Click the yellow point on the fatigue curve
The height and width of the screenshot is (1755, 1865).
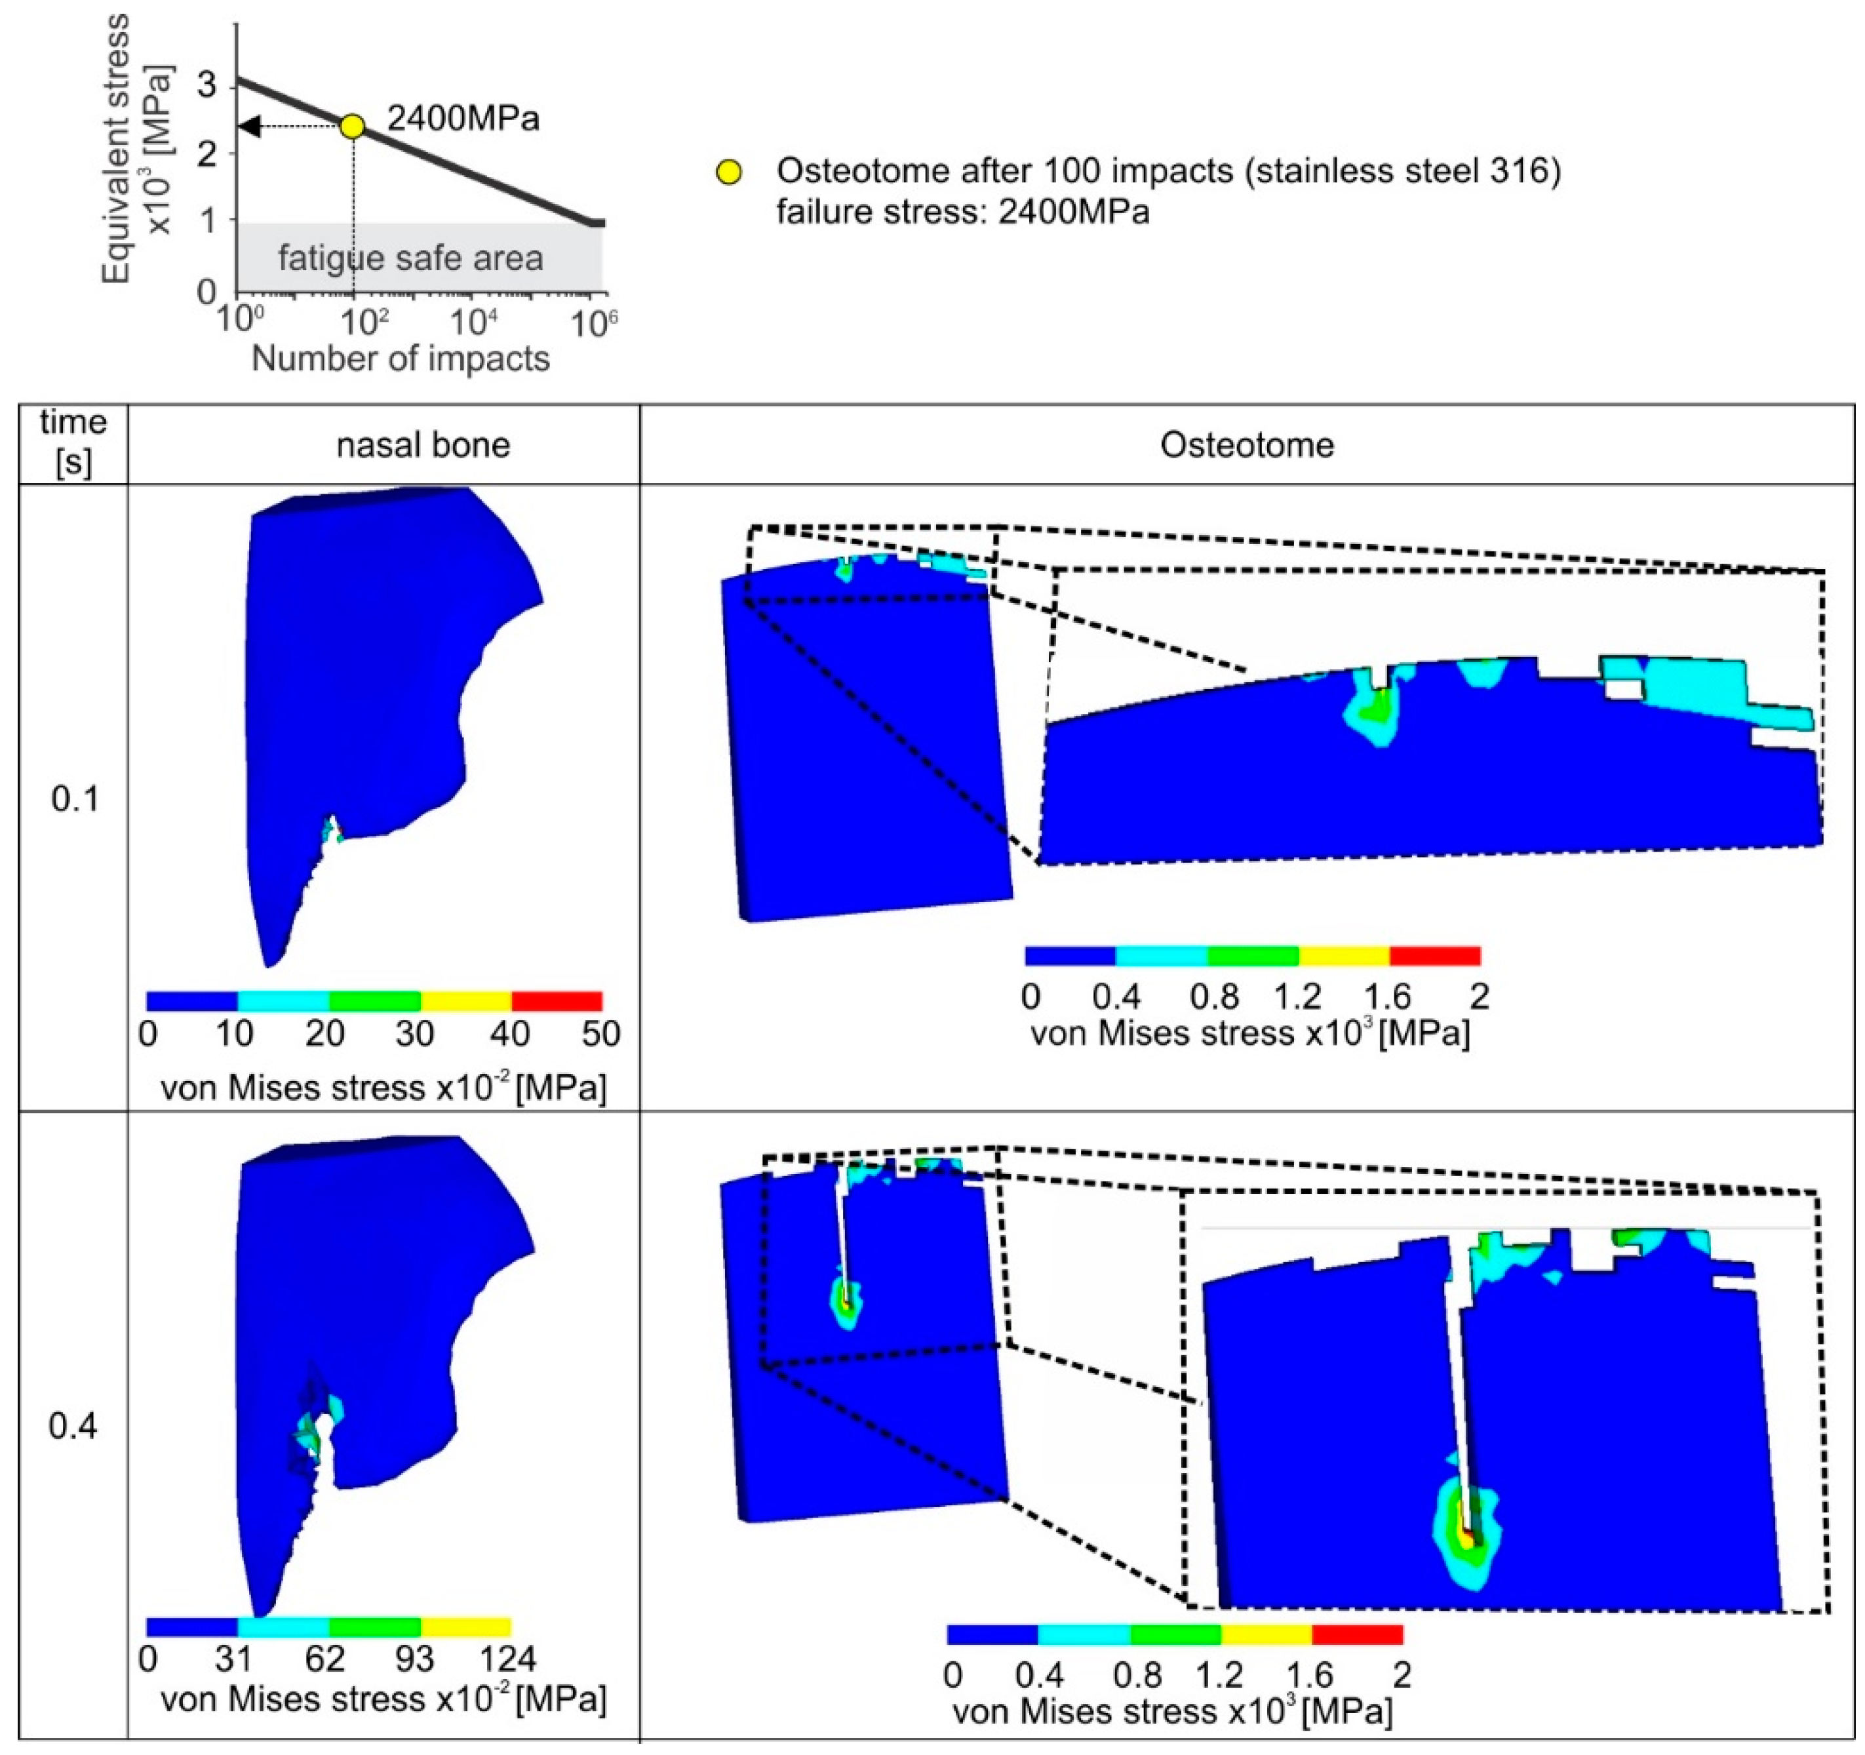(352, 126)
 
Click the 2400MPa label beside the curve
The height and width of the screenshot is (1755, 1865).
(463, 119)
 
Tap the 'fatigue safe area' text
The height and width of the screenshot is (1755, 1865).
(411, 258)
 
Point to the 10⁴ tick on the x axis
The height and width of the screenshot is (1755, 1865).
(474, 322)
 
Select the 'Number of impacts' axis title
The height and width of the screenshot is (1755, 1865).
(401, 359)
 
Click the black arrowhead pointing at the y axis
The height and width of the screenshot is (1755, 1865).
(248, 126)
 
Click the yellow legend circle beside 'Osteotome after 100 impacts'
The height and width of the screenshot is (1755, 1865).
(729, 172)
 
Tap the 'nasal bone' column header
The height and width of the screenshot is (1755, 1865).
(423, 444)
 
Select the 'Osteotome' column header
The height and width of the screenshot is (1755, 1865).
(1247, 444)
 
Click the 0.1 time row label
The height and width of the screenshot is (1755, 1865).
(74, 799)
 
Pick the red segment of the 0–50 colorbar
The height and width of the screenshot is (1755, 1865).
(557, 1001)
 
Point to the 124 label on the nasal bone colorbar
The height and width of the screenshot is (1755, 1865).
(507, 1659)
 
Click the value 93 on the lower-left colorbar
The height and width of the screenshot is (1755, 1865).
(414, 1659)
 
